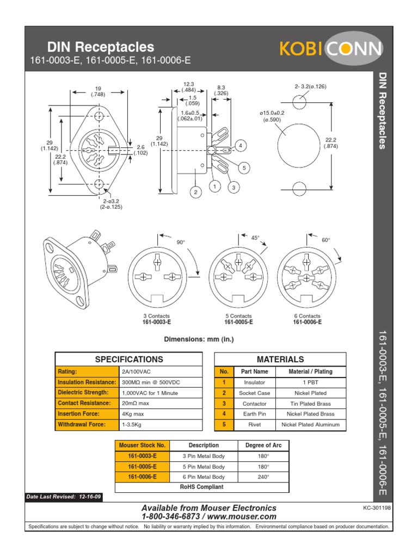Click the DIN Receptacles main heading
[101, 47]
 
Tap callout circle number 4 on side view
[240, 145]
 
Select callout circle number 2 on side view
[195, 191]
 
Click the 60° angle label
[326, 240]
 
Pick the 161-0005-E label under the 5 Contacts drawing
[238, 322]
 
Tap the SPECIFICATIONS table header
[129, 360]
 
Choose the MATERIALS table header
[280, 360]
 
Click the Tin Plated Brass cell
[311, 404]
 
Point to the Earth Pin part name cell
[254, 414]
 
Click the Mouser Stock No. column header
[142, 445]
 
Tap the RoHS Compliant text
[202, 487]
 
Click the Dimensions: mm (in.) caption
[199, 339]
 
